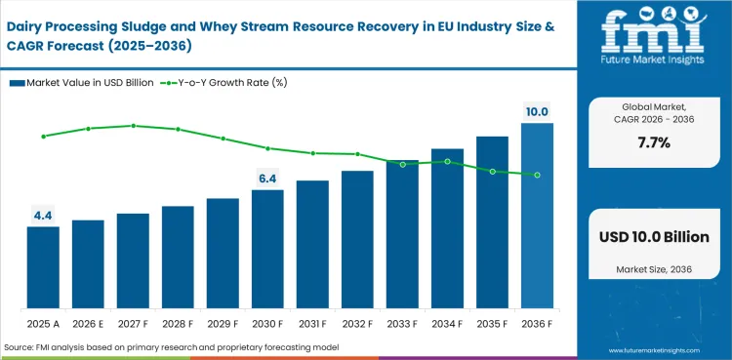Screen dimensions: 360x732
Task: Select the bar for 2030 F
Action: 267,248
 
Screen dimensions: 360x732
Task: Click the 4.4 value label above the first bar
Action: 43,215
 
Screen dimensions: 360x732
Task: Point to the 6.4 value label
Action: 267,178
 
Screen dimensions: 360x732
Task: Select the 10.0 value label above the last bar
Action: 537,112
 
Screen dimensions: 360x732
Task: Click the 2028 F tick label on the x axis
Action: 178,323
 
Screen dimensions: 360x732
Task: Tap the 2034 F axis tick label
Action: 447,323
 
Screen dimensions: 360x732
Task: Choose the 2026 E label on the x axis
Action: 88,323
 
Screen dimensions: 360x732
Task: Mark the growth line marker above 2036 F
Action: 537,176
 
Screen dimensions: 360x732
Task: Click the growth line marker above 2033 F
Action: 402,164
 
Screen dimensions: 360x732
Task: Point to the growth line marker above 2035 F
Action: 492,172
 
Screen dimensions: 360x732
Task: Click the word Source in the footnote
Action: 21,347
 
